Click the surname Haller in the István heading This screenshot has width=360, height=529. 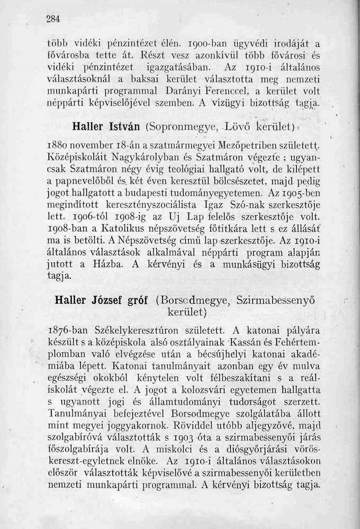(86, 128)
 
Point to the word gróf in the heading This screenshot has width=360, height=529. (139, 299)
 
